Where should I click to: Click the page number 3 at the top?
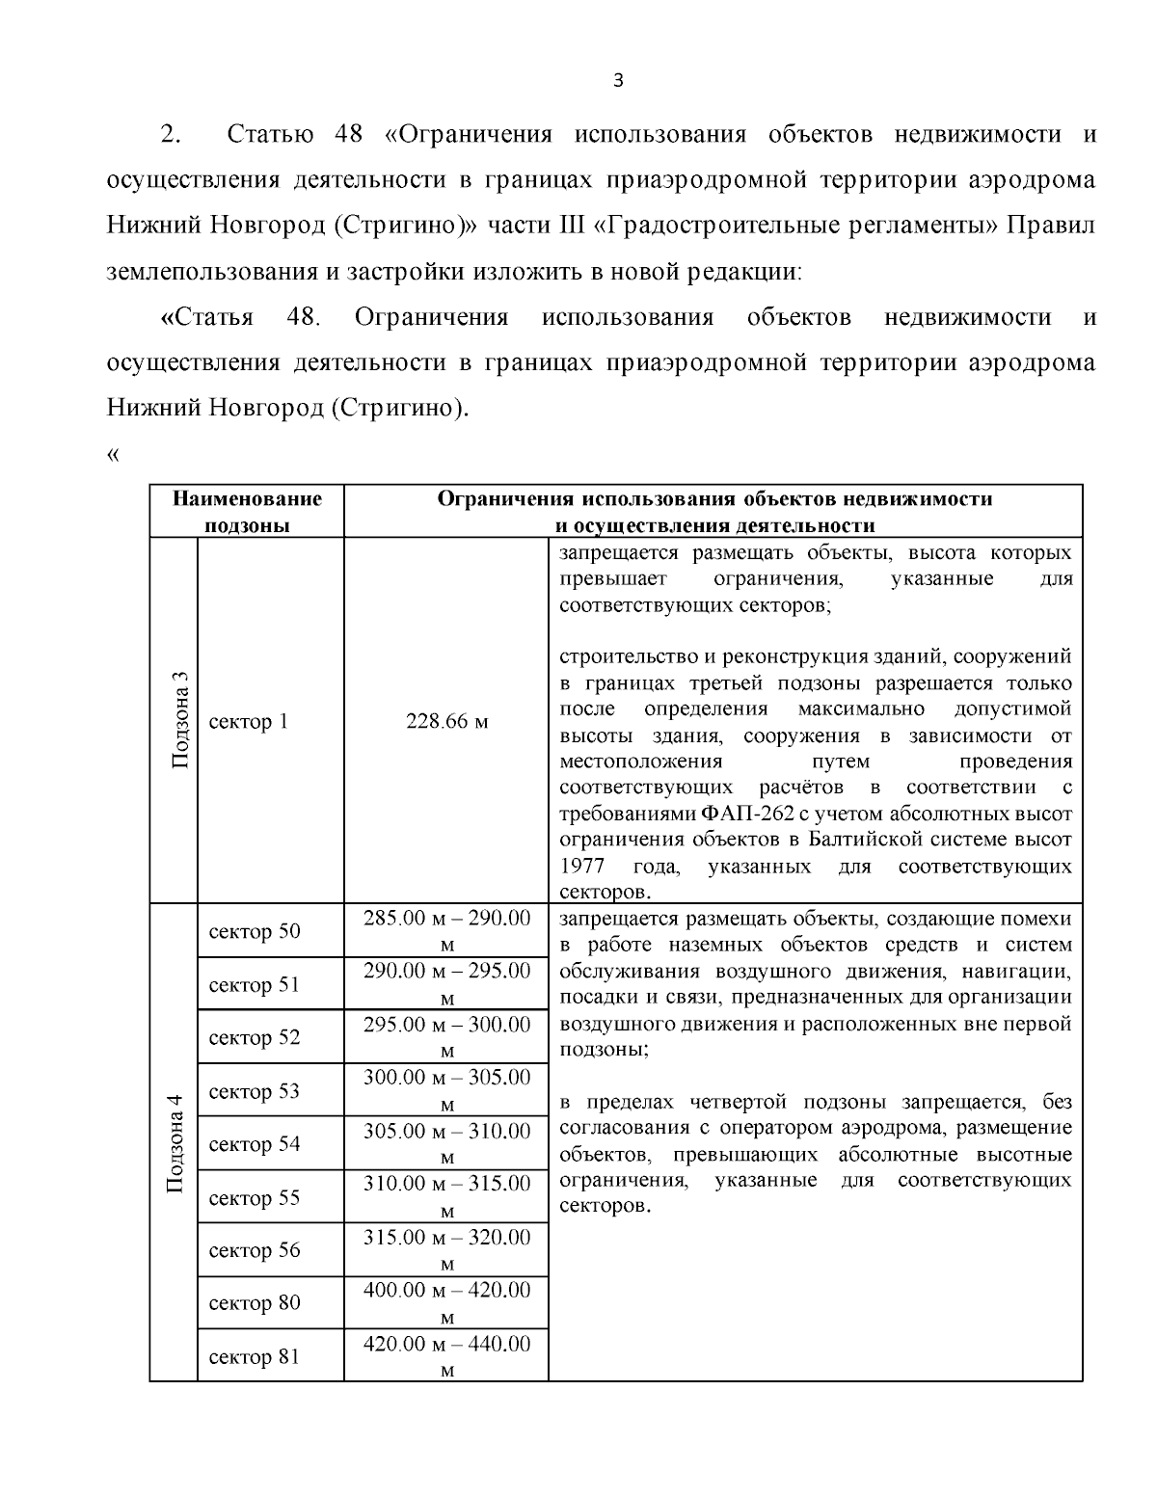tap(618, 81)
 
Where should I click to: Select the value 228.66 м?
tap(446, 722)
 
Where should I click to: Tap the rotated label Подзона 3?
tap(177, 721)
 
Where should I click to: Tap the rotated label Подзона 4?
tap(175, 1143)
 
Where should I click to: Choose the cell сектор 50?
tap(255, 931)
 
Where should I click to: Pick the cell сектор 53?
tap(255, 1091)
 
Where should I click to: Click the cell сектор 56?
tap(255, 1250)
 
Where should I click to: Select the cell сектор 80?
tap(255, 1303)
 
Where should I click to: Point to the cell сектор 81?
tap(255, 1357)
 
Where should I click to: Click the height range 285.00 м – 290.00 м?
tap(446, 930)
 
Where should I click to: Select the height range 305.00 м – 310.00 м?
tap(446, 1143)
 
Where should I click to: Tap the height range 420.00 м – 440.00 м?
tap(446, 1356)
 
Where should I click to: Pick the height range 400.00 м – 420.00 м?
tap(446, 1302)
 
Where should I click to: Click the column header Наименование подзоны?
tap(247, 512)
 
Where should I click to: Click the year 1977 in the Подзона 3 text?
tap(582, 866)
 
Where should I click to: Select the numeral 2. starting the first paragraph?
tap(171, 134)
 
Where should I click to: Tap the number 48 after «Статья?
tap(303, 317)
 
